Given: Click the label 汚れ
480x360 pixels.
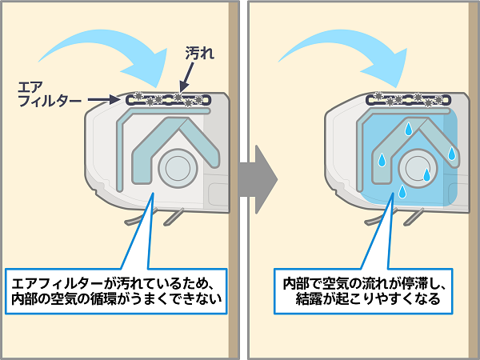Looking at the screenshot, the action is (200, 54).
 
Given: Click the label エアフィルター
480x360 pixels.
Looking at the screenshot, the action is (49, 94).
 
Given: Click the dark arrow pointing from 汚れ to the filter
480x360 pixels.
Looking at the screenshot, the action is (186, 77).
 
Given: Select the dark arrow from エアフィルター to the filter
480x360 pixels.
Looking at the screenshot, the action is (103, 99).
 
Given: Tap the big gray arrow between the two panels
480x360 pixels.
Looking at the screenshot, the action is (258, 179).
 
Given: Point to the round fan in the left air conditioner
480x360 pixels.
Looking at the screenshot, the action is (178, 168).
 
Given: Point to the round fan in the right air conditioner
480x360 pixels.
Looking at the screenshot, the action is (418, 168).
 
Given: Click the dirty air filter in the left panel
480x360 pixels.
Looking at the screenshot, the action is (168, 99).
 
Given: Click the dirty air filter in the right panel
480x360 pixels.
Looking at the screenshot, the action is (408, 99).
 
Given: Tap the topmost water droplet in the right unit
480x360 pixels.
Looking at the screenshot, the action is (408, 129).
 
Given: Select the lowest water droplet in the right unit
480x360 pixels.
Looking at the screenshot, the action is (402, 192).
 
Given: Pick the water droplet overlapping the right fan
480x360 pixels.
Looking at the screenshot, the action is (426, 174).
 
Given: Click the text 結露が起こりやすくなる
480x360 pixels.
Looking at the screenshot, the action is (368, 298).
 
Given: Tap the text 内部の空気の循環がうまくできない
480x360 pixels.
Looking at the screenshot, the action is (116, 298).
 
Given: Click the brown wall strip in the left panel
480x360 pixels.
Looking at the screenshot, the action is (234, 180).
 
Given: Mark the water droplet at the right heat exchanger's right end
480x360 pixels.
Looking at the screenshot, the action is (452, 154).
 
